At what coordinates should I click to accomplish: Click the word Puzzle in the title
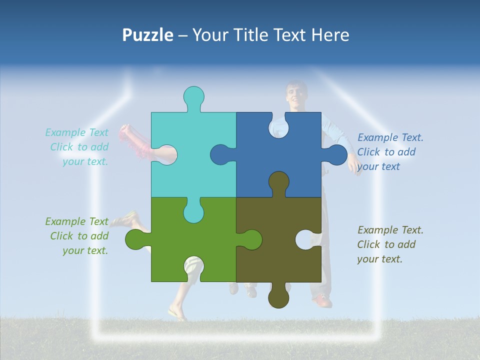[148, 35]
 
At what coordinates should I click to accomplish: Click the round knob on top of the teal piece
[193, 97]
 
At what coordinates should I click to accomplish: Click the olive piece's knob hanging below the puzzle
[278, 297]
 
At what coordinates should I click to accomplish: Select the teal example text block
[77, 147]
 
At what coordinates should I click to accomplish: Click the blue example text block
[390, 152]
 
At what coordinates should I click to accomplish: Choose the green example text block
[77, 236]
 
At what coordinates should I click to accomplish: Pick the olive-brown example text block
[390, 244]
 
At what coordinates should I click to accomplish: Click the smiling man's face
[296, 95]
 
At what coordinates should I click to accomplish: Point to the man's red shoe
[323, 301]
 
